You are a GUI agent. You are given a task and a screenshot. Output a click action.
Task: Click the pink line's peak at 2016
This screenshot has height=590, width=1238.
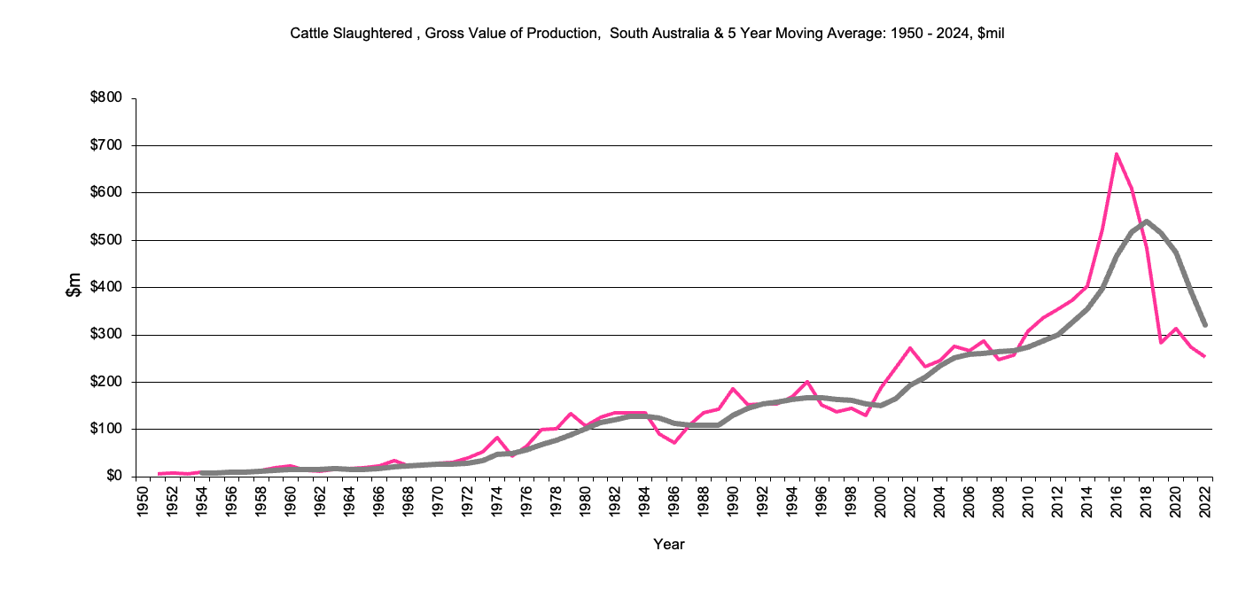(x=1117, y=154)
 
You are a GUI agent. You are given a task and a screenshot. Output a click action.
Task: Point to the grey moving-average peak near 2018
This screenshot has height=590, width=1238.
(x=1147, y=221)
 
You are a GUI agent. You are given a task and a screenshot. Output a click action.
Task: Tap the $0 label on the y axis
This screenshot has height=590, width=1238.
(x=113, y=477)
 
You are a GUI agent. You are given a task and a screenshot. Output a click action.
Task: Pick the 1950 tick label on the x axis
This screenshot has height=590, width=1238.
(x=142, y=496)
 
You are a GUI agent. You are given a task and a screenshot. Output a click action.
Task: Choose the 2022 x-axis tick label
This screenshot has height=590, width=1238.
(x=1206, y=496)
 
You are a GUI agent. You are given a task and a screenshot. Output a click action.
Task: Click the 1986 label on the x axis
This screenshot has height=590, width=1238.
(x=674, y=496)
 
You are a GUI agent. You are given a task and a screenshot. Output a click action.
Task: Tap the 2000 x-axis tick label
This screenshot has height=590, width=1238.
(x=881, y=496)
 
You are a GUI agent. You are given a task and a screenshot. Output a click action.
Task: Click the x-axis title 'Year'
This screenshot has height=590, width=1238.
(x=668, y=544)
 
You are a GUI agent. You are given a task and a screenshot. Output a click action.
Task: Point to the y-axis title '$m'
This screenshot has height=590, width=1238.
(x=75, y=287)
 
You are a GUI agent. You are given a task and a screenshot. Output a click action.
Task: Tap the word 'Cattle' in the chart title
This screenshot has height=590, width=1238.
(x=308, y=34)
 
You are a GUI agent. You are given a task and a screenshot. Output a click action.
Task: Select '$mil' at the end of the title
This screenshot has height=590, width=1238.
(x=987, y=34)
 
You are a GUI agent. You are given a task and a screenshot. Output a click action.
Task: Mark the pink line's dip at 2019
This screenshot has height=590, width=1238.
(x=1161, y=342)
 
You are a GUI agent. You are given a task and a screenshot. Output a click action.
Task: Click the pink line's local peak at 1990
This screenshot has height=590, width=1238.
(x=733, y=389)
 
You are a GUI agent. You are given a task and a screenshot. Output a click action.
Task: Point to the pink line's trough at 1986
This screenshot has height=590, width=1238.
(x=674, y=442)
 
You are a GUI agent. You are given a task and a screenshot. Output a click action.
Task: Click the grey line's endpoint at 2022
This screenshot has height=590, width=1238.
(x=1205, y=325)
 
